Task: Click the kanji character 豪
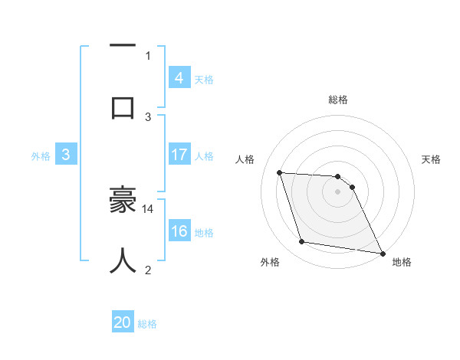click(123, 201)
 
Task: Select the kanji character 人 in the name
click(123, 260)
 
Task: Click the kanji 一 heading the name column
click(123, 47)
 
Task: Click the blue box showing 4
click(179, 77)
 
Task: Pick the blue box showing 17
click(179, 155)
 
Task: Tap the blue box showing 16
click(179, 231)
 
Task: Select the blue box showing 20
click(123, 322)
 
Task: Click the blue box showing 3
click(66, 155)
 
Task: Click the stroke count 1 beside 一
click(148, 55)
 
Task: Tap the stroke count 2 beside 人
click(148, 270)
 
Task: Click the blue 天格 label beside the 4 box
click(204, 79)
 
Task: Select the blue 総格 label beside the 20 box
click(147, 324)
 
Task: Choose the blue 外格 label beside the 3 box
click(41, 156)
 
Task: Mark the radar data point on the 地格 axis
click(381, 253)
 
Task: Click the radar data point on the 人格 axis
click(279, 173)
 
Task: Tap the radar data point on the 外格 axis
click(301, 242)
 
